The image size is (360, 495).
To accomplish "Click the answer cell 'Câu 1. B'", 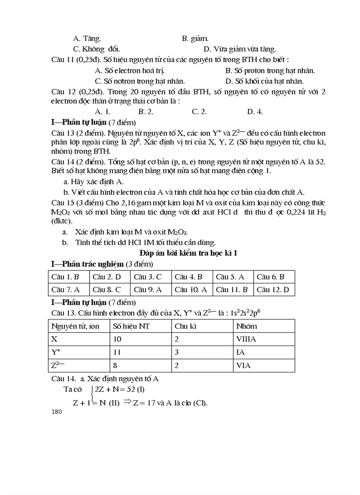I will [65, 277].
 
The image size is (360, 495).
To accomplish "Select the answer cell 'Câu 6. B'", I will [270, 277].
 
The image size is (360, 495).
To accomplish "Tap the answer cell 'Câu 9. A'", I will [148, 290].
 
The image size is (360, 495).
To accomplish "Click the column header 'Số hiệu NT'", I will [131, 326].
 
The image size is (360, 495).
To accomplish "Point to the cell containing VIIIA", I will [246, 339].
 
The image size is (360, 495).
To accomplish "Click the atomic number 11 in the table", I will [117, 352].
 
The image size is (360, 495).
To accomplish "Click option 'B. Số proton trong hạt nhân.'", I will [270, 71].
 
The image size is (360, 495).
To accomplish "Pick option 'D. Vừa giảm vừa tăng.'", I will [240, 49].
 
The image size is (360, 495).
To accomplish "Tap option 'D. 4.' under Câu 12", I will [255, 112].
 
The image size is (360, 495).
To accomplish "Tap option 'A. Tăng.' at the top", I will [86, 39].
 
